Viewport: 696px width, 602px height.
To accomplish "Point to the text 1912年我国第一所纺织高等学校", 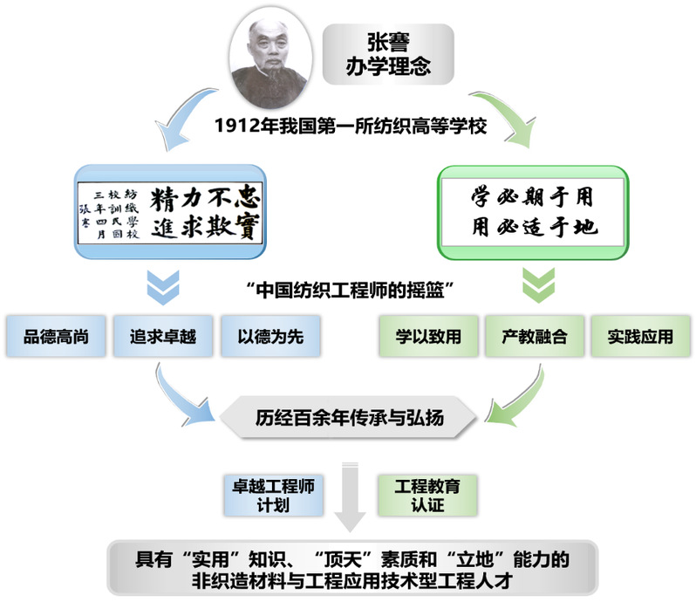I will (351, 127).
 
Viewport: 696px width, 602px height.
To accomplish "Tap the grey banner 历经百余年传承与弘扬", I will (349, 417).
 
